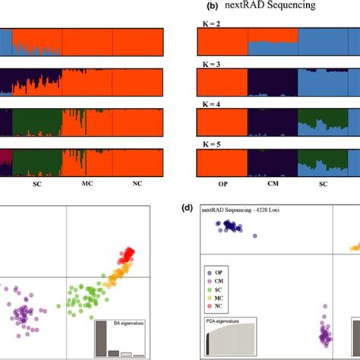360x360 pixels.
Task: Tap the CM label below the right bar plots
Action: click(273, 184)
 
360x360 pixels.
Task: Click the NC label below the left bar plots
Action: click(137, 184)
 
